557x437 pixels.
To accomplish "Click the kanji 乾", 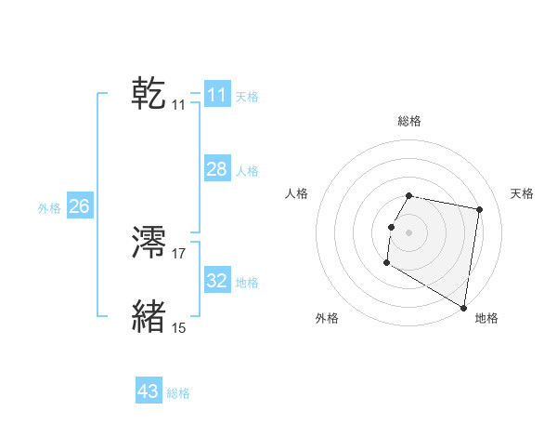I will tap(149, 94).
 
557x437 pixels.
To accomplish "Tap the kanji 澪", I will tap(149, 244).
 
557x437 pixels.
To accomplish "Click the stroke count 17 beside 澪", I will tap(179, 253).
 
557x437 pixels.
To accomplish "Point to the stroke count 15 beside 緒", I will tap(179, 327).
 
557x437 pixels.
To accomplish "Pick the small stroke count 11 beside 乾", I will tap(179, 105).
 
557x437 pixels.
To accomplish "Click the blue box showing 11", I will tap(217, 95).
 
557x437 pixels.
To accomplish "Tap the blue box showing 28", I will tap(217, 169).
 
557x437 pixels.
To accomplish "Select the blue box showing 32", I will tap(217, 280).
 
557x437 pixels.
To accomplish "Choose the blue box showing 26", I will tap(79, 206).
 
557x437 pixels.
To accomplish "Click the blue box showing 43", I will tap(149, 391).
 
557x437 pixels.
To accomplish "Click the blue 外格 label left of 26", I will tap(49, 208).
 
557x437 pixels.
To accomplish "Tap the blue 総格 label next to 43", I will tap(178, 393).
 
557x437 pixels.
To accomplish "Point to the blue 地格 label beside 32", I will tap(247, 282).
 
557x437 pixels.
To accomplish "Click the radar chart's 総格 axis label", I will tap(409, 121).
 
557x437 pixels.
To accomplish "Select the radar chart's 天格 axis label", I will tap(523, 193).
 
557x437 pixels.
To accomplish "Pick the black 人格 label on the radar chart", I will tap(296, 193).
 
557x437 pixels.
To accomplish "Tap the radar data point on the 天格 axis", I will tap(479, 210).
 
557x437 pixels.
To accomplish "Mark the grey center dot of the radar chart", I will tap(409, 232).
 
